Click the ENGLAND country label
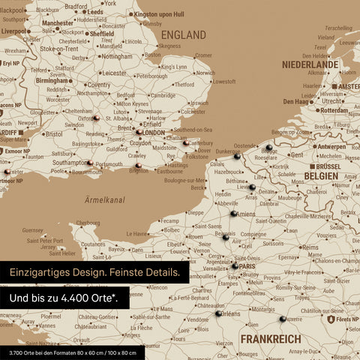coord(183,35)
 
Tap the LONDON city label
coord(153,133)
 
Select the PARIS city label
coord(248,266)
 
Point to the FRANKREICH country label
coord(271,339)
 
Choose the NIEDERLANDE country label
coord(310,65)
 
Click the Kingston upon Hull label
coord(169,14)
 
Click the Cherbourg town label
coord(88,223)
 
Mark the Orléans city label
coord(229,313)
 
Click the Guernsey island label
coord(34,230)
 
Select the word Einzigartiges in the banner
coord(40,273)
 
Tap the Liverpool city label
coord(14,31)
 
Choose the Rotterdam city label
coord(332,110)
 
